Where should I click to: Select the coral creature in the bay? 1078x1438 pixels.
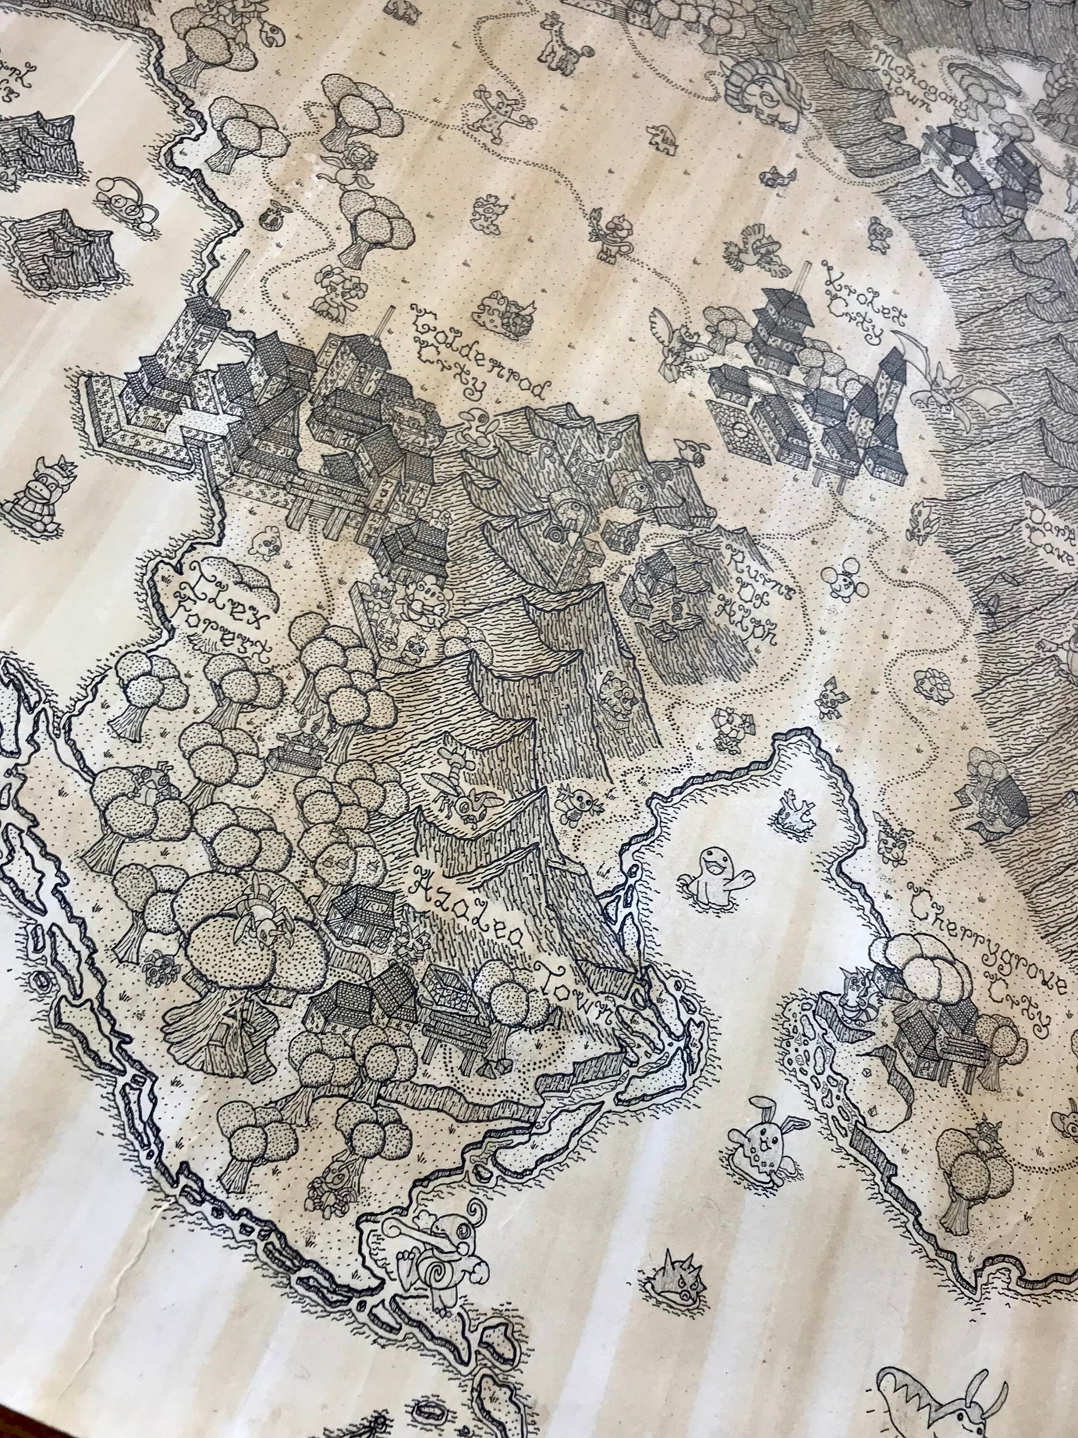tap(796, 810)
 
